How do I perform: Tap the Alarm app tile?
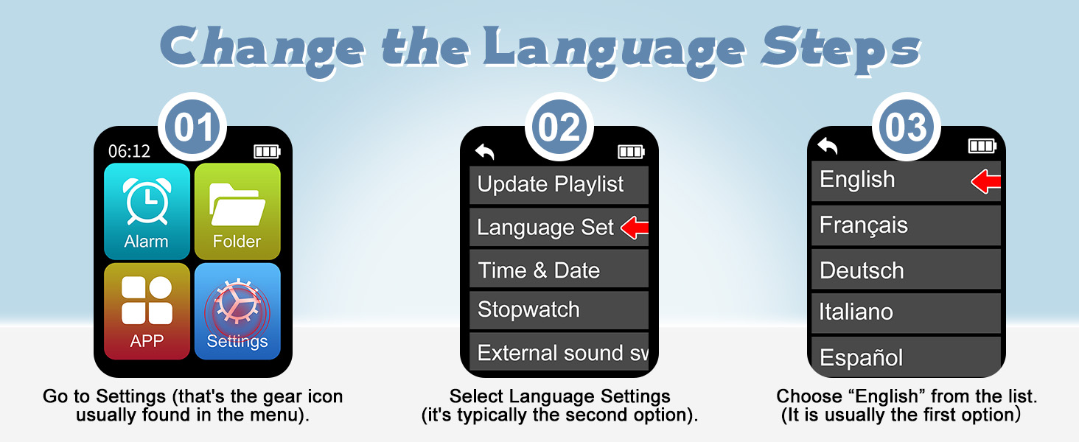[147, 211]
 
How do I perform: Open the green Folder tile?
[237, 211]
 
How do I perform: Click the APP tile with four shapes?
[147, 310]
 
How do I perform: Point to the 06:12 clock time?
[129, 151]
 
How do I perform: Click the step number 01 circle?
[193, 127]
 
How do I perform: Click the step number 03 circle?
[907, 127]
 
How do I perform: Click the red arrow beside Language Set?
[635, 228]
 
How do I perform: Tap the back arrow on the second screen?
[484, 152]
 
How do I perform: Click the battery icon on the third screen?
[982, 146]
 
